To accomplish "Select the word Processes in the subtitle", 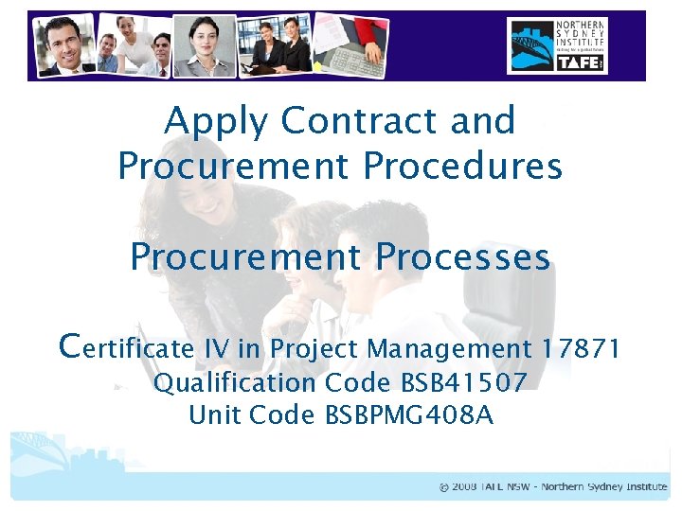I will point(463,257).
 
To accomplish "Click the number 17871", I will point(582,349).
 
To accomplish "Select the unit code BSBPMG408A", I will point(409,414).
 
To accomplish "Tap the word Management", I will point(449,350).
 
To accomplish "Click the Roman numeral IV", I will point(216,349).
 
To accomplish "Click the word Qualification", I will point(234,383).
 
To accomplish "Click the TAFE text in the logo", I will point(580,62).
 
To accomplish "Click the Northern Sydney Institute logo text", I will point(580,36).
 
